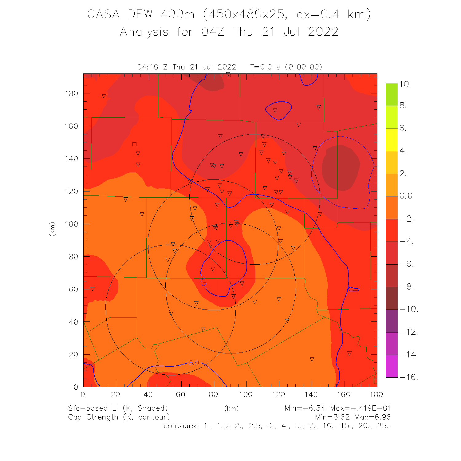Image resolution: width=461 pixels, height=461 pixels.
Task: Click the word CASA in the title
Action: point(103,14)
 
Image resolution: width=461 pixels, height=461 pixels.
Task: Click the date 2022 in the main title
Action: point(323,32)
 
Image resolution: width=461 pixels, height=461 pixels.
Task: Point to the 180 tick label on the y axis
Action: point(72,93)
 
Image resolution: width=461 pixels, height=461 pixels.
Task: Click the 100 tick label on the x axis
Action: point(246,395)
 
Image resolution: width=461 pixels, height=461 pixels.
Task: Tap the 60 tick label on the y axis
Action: point(73,289)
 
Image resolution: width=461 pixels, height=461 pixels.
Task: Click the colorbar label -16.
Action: point(409,377)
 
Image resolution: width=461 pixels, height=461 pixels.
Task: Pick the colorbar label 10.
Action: point(405,85)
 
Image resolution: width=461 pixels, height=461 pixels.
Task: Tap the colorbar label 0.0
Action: point(406,196)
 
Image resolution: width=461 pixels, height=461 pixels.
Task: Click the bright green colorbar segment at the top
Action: point(392,94)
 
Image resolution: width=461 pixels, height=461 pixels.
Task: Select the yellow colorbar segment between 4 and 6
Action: point(392,140)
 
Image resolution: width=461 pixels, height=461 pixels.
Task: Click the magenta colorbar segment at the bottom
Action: point(392,366)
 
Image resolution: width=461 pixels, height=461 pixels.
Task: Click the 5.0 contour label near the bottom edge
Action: point(194,363)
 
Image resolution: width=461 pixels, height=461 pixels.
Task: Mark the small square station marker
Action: point(134,144)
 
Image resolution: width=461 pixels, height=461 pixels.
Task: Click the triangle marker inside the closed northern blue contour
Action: point(275,110)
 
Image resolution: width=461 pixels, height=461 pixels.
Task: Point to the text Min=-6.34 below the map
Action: point(305,408)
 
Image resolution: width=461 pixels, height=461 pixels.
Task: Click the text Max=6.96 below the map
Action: point(372,417)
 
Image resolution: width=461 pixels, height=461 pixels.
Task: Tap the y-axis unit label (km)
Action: point(53,229)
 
